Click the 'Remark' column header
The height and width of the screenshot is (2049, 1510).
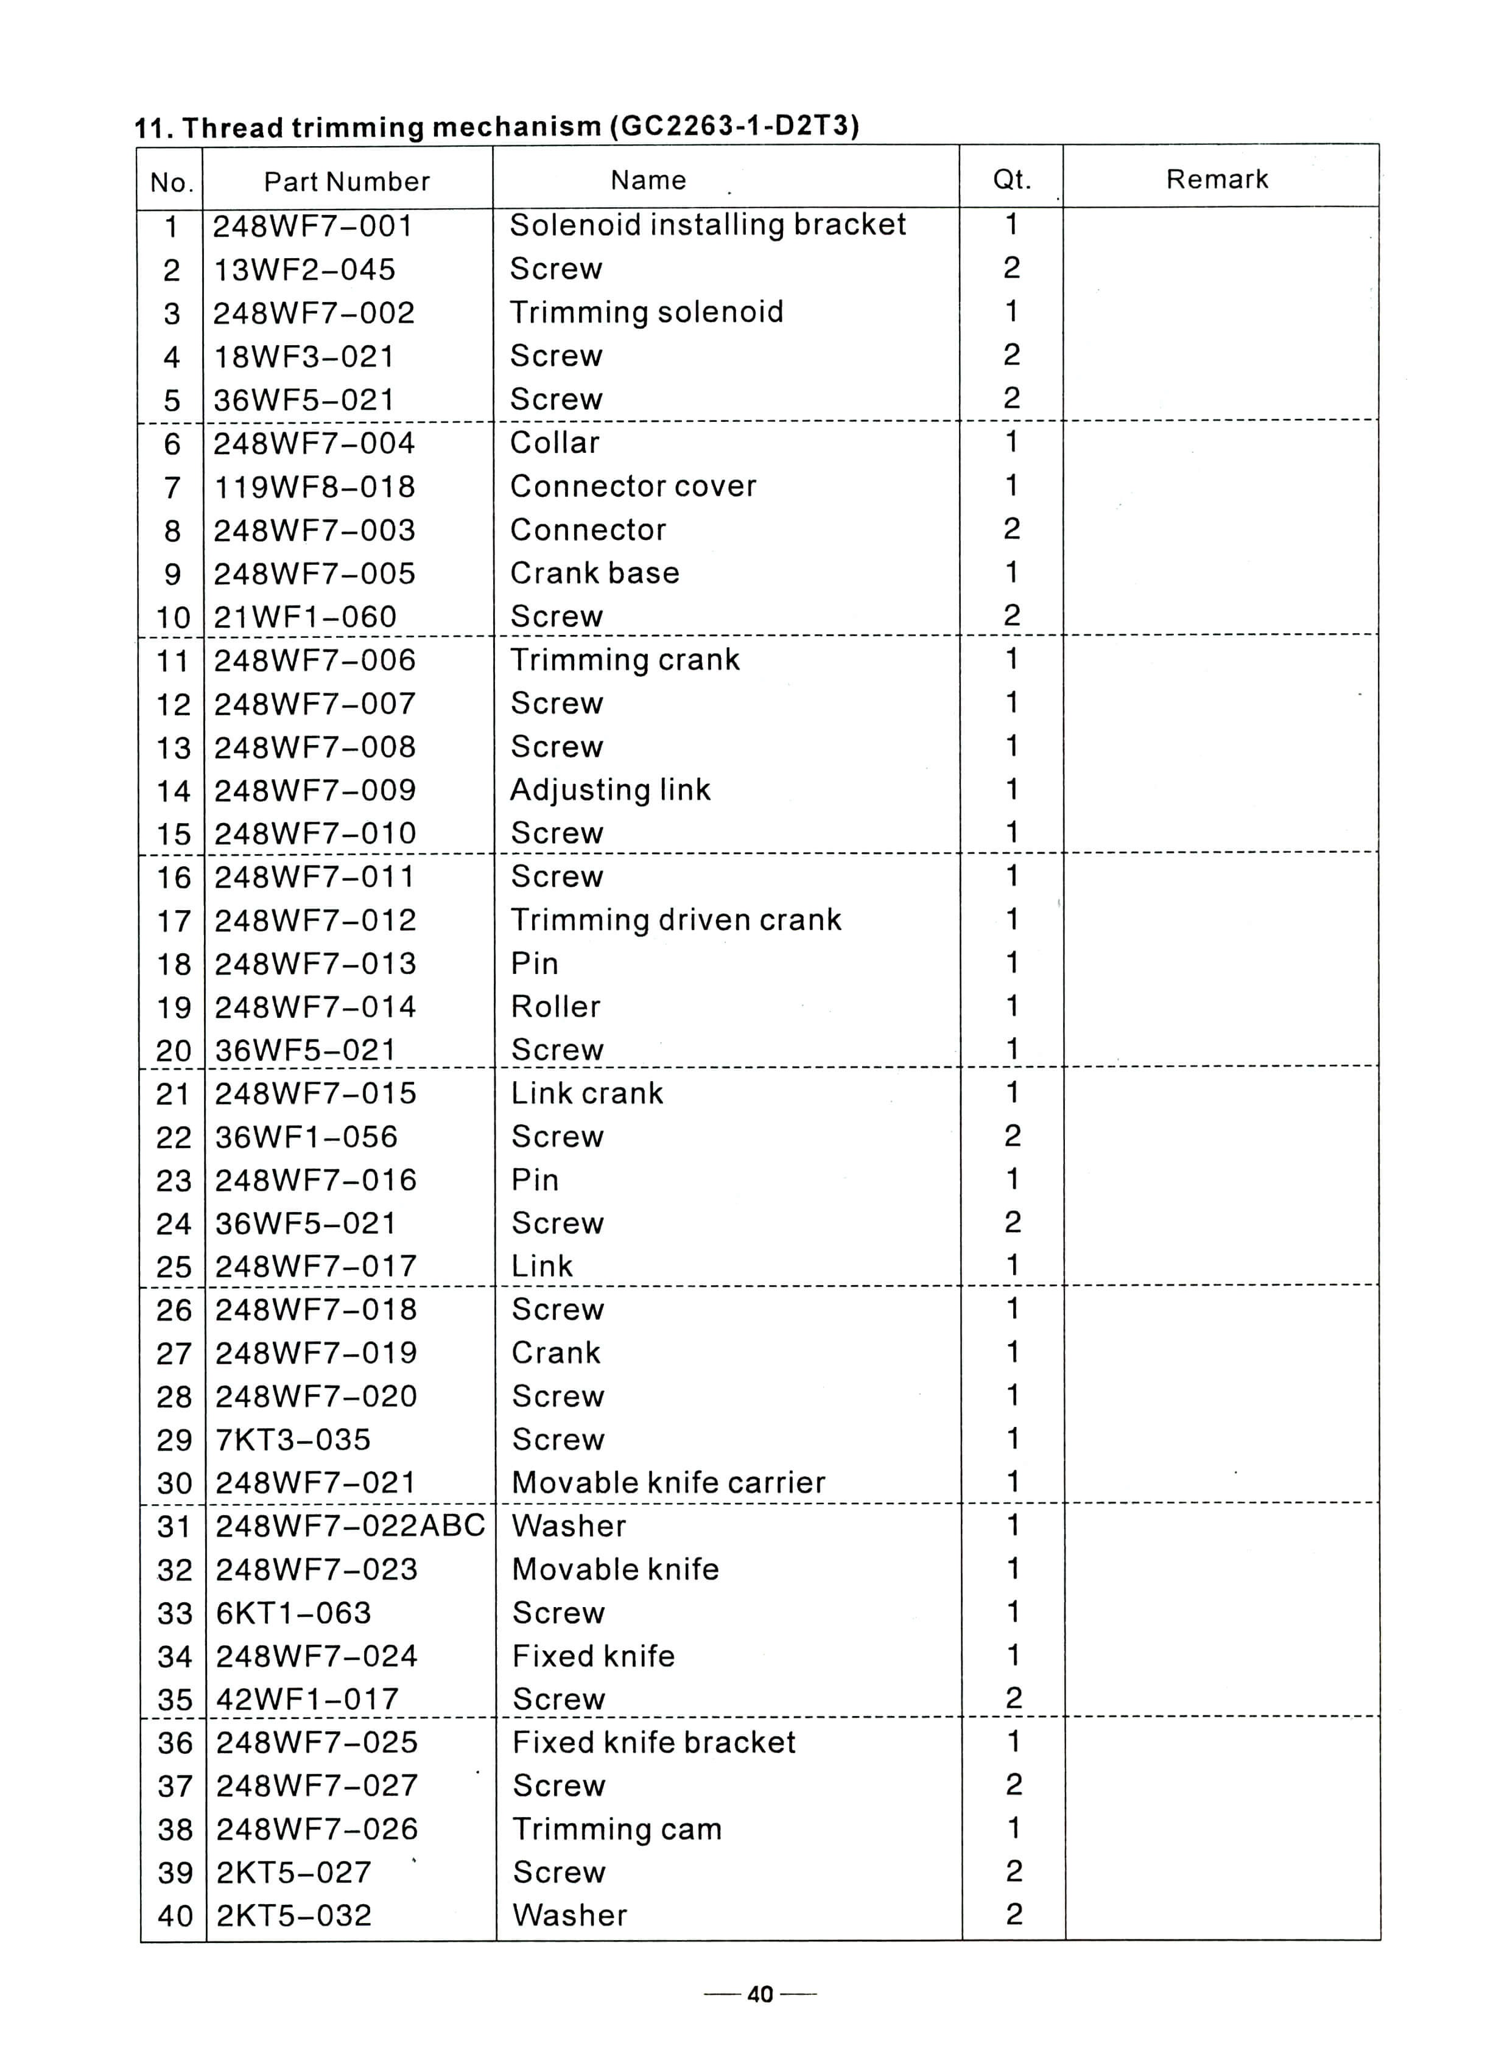tap(1217, 179)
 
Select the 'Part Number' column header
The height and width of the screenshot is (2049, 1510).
tap(346, 182)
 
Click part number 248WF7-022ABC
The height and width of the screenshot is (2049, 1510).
tap(350, 1525)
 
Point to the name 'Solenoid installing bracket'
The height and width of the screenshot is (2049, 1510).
tap(708, 225)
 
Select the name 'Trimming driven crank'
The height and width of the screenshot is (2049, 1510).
tap(675, 919)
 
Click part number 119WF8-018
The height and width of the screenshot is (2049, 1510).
tap(314, 486)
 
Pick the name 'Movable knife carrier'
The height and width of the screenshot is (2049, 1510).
tap(668, 1482)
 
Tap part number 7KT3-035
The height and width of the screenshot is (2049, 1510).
tap(292, 1440)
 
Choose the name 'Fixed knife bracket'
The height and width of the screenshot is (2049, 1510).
tap(653, 1742)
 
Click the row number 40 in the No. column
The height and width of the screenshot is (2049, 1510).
tap(175, 1916)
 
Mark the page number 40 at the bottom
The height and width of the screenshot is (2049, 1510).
tap(760, 1994)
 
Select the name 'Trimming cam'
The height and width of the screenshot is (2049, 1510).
tap(617, 1829)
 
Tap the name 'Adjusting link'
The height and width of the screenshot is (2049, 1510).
tap(609, 790)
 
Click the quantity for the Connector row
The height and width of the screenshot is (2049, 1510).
tap(1011, 528)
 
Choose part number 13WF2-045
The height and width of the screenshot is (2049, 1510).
tap(304, 270)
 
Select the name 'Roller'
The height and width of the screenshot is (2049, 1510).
tap(555, 1006)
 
